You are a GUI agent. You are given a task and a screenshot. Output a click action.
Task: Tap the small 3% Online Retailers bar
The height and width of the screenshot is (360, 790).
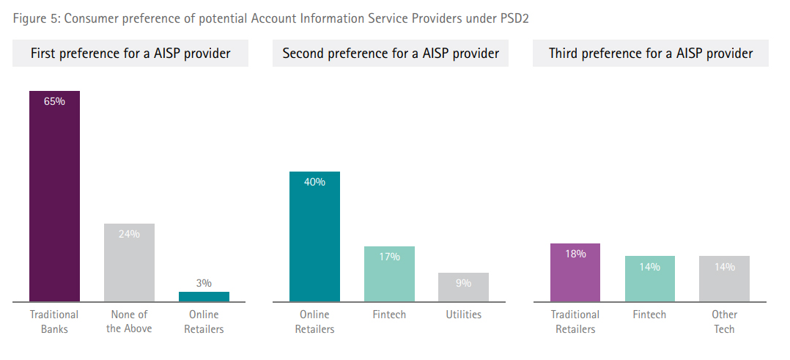[x=204, y=296]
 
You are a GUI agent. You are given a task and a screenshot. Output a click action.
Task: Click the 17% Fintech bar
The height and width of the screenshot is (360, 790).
[x=389, y=274]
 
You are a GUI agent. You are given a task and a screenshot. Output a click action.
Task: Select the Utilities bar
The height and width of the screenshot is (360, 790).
[x=463, y=287]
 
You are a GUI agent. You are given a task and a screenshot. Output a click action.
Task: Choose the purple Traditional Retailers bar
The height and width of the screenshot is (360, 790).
[x=575, y=273]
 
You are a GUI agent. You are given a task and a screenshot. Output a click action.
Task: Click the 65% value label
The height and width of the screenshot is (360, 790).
[x=54, y=102]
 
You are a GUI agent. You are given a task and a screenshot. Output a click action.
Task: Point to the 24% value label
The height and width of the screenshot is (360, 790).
[x=129, y=234]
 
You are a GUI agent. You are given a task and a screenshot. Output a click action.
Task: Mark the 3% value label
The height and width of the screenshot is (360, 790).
[x=204, y=282]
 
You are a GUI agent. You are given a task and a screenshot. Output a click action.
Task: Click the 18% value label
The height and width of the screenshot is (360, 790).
[x=575, y=254]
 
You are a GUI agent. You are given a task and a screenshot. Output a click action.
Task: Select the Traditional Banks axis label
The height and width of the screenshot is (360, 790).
[x=54, y=322]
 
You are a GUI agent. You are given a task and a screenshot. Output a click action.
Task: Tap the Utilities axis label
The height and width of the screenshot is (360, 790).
[x=463, y=315]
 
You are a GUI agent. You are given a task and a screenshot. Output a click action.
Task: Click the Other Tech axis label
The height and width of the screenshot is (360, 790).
[x=724, y=322]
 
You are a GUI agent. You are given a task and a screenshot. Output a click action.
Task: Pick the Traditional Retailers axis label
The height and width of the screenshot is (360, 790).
[x=575, y=322]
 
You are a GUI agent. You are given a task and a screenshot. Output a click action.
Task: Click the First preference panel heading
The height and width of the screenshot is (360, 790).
[x=130, y=54]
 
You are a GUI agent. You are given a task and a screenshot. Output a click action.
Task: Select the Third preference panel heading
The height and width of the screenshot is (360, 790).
[x=651, y=54]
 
